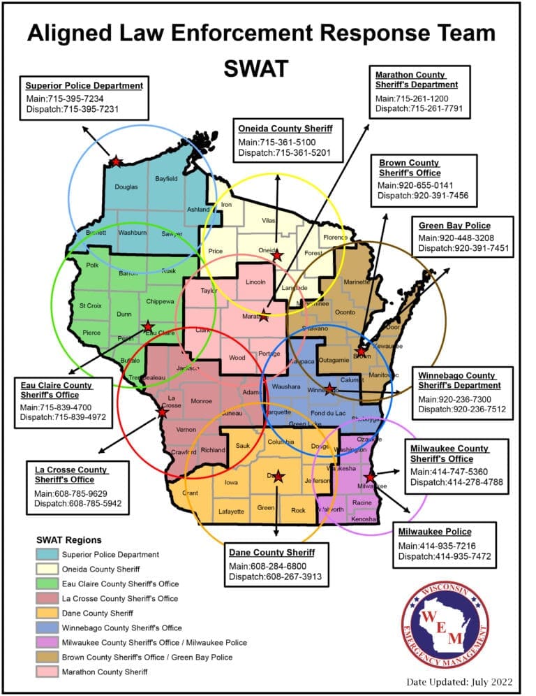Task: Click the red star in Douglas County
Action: pos(116,161)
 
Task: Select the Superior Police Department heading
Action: pos(84,86)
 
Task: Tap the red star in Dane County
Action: pos(278,477)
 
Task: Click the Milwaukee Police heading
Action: pos(434,532)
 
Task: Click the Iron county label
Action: pos(226,205)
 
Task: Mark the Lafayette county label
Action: pos(231,512)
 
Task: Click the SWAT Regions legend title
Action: pos(68,540)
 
